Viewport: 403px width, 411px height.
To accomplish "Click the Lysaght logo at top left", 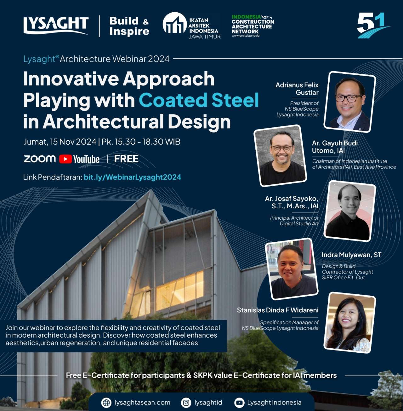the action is click(56, 26).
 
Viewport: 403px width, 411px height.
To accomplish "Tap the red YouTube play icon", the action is click(65, 159).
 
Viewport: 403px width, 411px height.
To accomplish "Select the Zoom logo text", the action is click(40, 159).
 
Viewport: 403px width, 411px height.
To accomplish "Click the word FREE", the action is click(126, 159).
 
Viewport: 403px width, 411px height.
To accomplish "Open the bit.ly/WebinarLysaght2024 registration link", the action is click(132, 177).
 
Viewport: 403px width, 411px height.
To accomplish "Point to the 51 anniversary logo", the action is click(372, 25).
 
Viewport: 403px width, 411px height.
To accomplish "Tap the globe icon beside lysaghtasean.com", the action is click(106, 403).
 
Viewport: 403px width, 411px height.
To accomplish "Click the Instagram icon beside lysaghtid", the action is click(186, 403).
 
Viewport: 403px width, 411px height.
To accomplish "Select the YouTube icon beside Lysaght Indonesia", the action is click(239, 403).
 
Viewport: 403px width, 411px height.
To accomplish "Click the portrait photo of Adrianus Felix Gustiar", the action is click(350, 102).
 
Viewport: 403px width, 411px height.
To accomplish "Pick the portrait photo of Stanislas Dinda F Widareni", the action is click(350, 323).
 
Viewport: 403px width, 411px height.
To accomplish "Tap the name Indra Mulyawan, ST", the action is click(351, 255).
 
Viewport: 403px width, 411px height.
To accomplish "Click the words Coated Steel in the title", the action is click(199, 100).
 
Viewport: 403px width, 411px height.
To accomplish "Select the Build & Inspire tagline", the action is click(129, 26).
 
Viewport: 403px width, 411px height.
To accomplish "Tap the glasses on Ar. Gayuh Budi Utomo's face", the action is click(281, 148).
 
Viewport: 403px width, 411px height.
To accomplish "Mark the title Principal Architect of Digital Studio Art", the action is click(294, 221).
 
